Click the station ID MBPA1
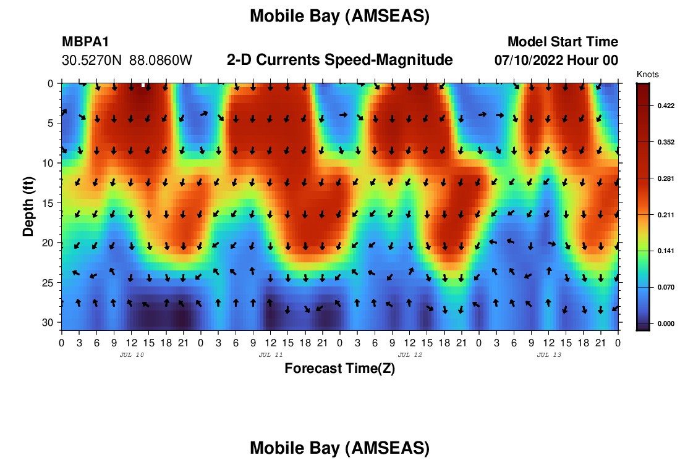(x=85, y=41)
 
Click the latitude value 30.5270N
(x=91, y=60)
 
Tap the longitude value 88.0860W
(x=161, y=60)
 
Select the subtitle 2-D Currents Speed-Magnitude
(x=339, y=60)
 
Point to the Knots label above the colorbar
(x=647, y=75)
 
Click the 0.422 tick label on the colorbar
(x=666, y=106)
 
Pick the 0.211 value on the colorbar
(x=666, y=215)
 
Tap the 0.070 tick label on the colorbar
(x=666, y=287)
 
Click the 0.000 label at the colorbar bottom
(x=666, y=323)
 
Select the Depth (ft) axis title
(x=28, y=207)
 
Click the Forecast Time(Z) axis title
(x=339, y=368)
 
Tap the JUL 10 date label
(x=132, y=355)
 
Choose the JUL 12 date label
(x=410, y=355)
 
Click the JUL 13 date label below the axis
(x=549, y=355)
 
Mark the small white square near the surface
(x=143, y=85)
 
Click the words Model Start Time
(x=563, y=41)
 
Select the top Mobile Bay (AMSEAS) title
(x=339, y=16)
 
